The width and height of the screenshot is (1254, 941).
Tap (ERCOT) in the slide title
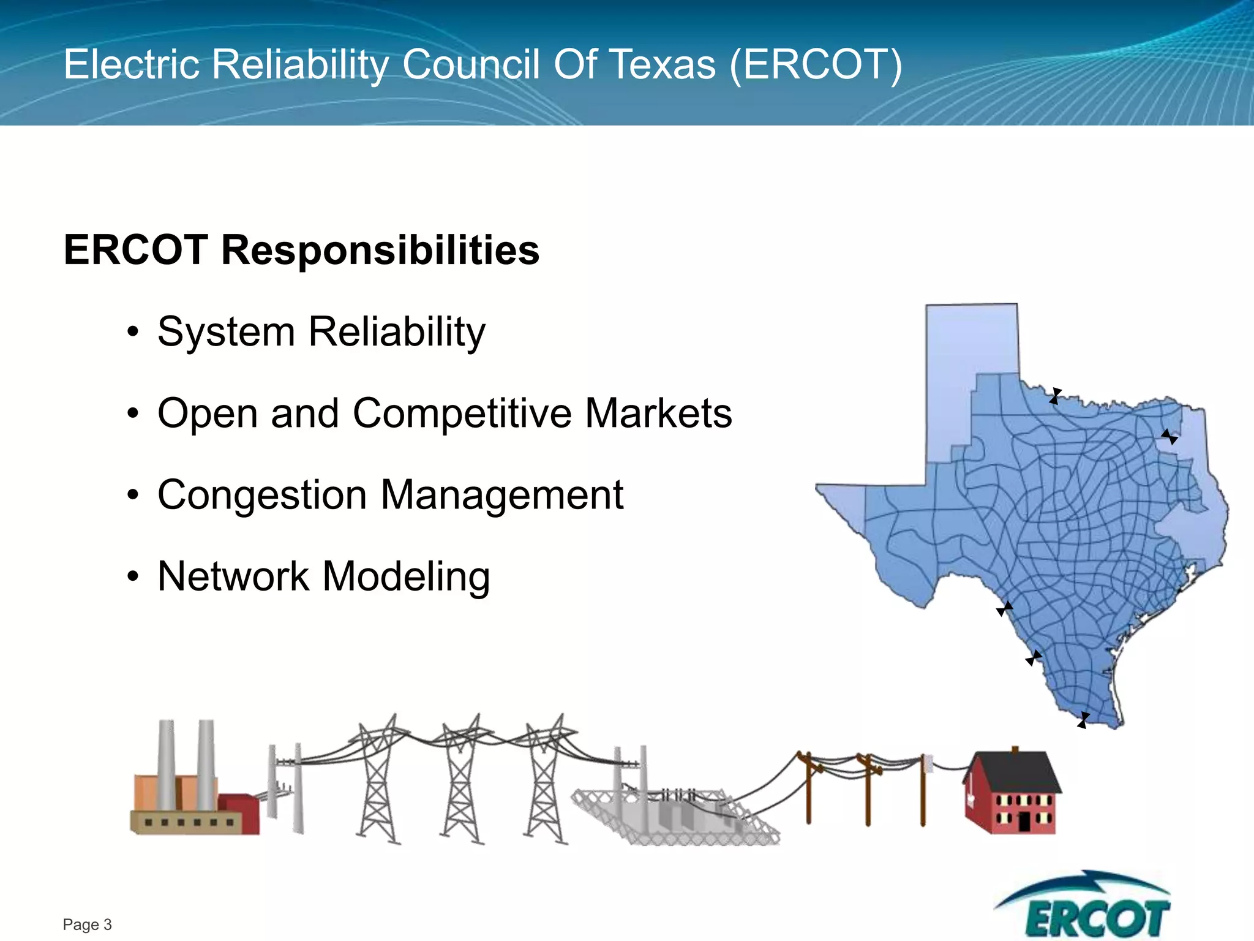click(816, 64)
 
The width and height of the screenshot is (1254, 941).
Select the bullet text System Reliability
click(321, 332)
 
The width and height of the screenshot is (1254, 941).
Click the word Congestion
click(263, 495)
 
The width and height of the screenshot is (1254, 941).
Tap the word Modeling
click(405, 576)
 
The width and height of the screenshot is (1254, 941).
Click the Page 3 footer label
click(87, 924)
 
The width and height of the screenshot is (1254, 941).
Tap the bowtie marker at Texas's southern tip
click(1083, 720)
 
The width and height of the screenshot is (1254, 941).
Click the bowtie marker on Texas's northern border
click(1054, 396)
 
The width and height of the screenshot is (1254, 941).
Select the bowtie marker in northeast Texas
click(1169, 437)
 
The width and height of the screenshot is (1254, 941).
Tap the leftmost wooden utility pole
click(808, 790)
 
